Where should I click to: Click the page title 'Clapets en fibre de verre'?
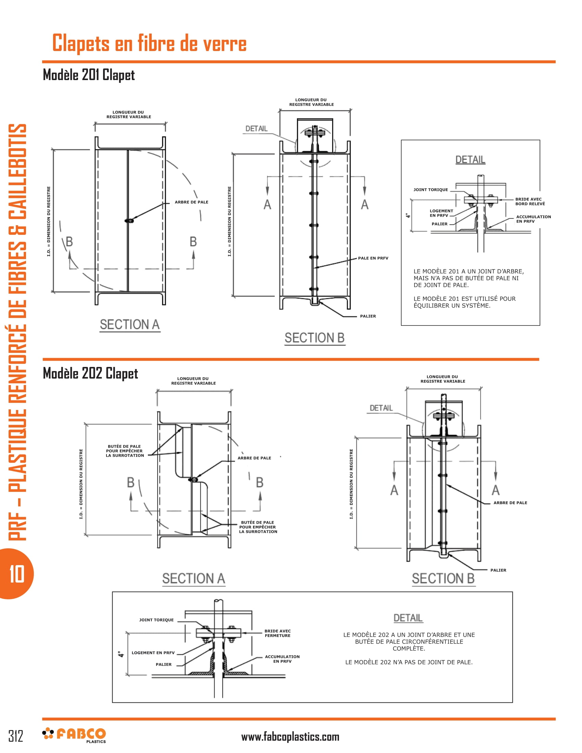point(149,43)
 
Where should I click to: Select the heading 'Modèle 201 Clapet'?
point(89,75)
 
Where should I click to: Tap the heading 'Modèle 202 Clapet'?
point(90,373)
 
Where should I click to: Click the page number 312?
point(15,736)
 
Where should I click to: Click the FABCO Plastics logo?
point(74,735)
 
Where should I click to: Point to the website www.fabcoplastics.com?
point(290,737)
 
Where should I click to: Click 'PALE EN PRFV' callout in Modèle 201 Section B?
point(373,258)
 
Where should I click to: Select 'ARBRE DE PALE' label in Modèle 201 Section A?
point(191,202)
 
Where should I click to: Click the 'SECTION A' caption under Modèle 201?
point(130,324)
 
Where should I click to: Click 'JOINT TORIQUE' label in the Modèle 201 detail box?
point(431,190)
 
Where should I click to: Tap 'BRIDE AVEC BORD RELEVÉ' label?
point(530,201)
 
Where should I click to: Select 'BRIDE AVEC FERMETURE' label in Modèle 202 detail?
point(278,633)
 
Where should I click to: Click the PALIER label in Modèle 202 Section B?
point(498,570)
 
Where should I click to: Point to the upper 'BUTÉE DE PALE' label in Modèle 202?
point(125,451)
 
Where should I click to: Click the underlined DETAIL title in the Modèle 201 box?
point(470,159)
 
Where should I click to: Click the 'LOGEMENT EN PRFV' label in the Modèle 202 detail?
point(153,653)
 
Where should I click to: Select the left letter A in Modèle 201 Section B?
point(267,204)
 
